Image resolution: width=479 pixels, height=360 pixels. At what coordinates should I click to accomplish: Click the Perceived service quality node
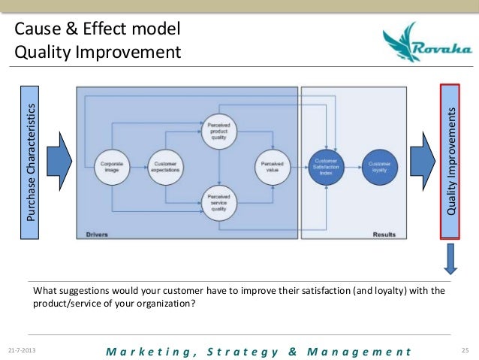point(219,203)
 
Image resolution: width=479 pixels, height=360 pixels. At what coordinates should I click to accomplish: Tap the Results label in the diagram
point(384,234)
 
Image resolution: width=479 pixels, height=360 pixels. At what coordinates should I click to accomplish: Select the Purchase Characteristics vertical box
point(31,162)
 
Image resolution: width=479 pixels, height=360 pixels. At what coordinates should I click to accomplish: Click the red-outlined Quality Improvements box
point(450,162)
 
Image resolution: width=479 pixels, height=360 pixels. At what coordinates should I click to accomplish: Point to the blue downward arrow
point(450,259)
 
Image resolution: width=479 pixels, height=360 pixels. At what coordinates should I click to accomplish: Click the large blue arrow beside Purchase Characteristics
point(58,159)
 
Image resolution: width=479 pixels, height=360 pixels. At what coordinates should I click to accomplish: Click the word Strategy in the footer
point(233,351)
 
